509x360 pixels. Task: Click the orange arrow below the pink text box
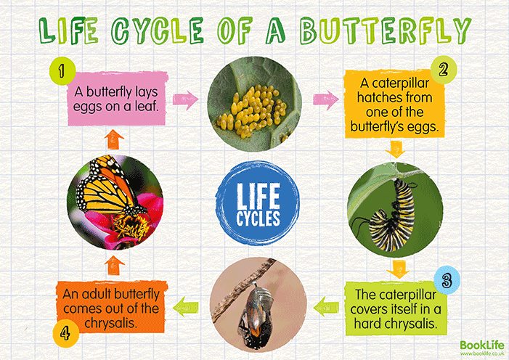point(114,136)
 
